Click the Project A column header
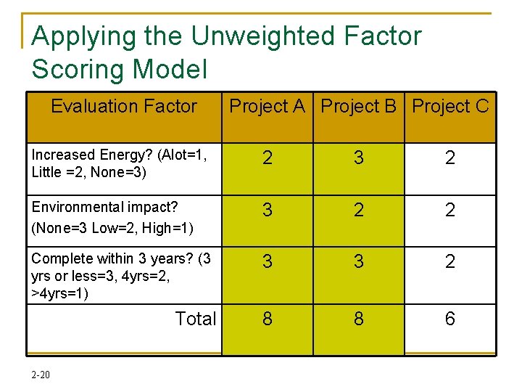click(267, 107)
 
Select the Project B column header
click(359, 107)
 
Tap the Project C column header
click(450, 107)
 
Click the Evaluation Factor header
click(124, 107)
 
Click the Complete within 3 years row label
click(120, 276)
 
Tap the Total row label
click(196, 319)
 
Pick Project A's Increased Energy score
click(268, 158)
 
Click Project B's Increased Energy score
click(359, 158)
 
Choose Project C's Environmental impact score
click(450, 211)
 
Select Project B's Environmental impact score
click(359, 211)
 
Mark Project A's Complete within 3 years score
click(268, 261)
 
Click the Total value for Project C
click(450, 319)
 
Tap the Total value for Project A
click(268, 319)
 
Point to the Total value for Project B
click(359, 319)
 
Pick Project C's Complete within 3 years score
click(450, 261)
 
